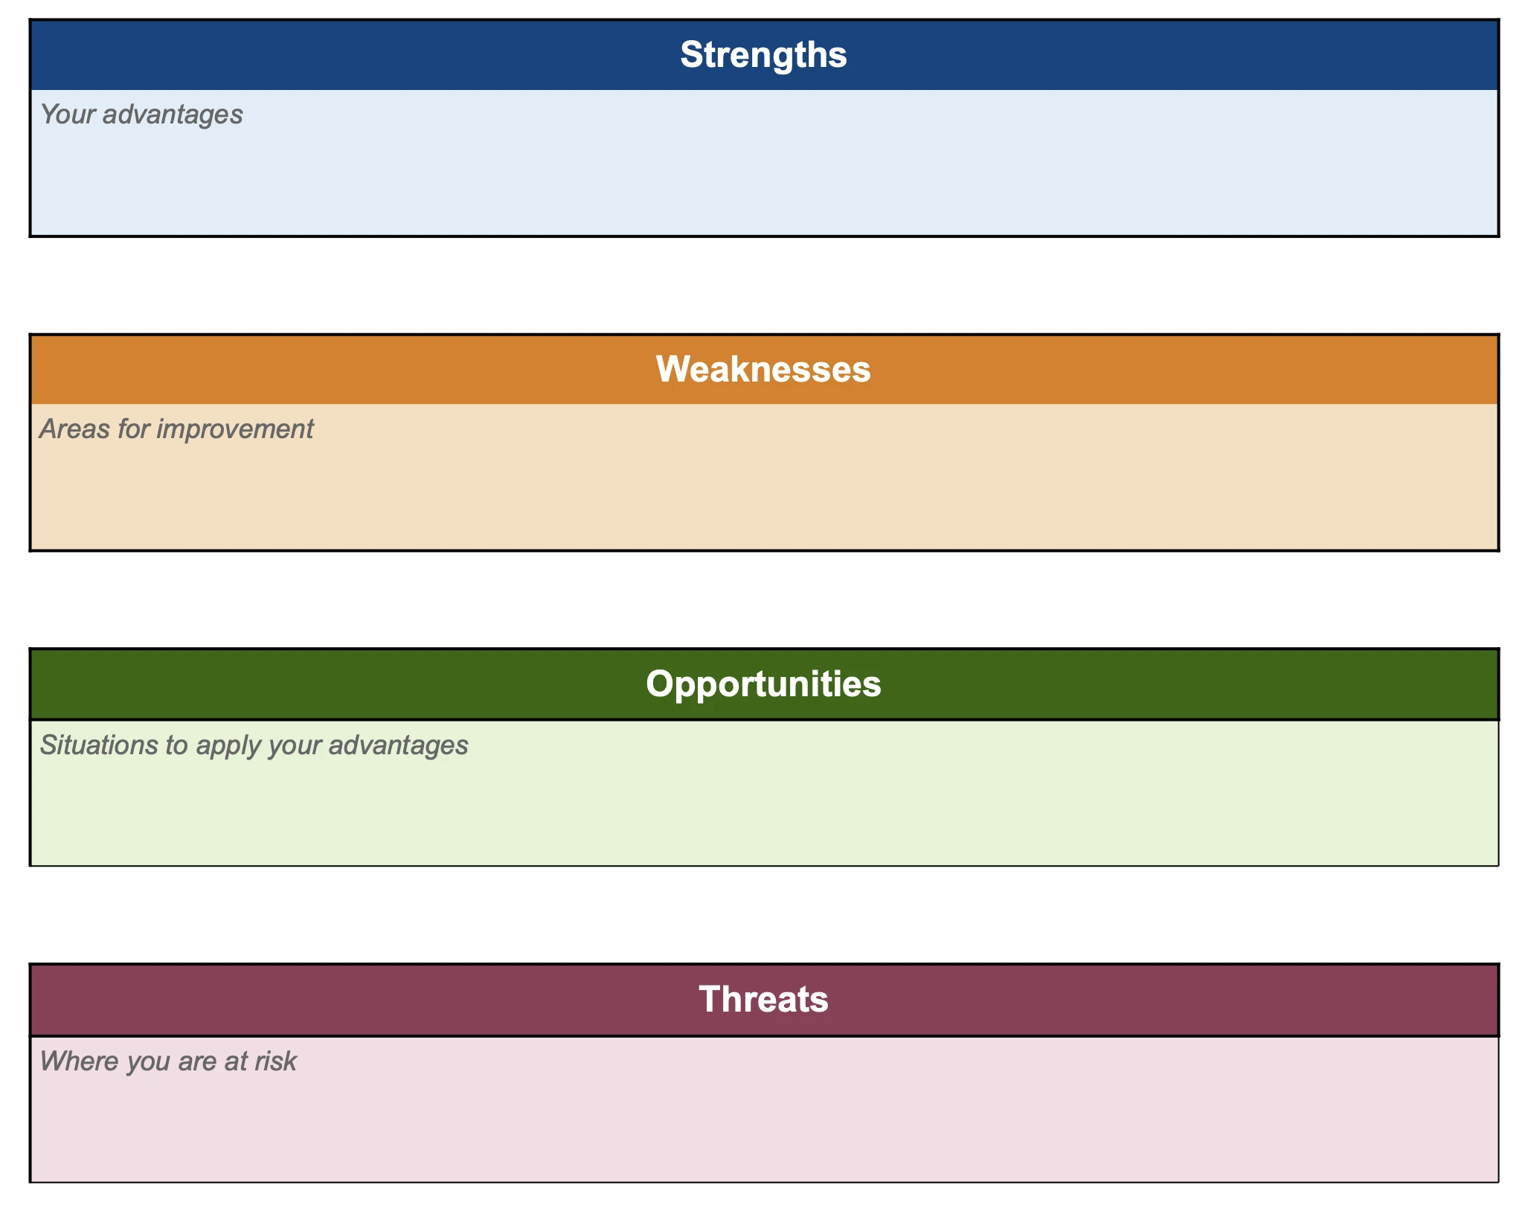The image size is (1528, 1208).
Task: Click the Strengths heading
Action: click(763, 55)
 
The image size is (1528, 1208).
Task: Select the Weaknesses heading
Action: click(763, 370)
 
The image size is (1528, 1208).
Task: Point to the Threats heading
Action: click(763, 999)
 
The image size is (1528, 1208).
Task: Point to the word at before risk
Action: click(236, 1061)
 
